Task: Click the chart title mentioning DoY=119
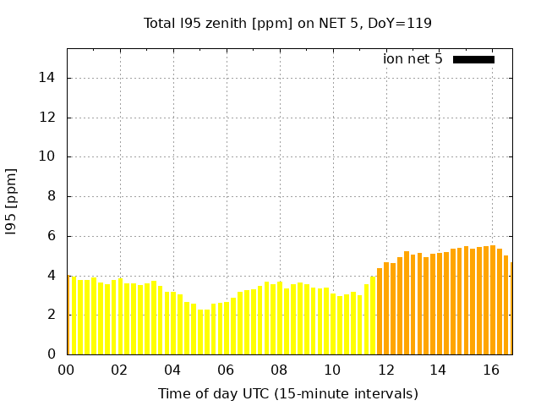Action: coord(287,24)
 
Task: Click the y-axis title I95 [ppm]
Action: coord(12,201)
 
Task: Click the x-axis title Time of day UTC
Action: coord(287,394)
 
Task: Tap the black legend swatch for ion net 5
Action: coord(473,59)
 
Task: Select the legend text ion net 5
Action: coord(413,59)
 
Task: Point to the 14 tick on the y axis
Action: coord(49,78)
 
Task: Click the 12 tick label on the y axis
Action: coord(49,118)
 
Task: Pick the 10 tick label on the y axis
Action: coord(49,156)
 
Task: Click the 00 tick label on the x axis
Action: coord(67,370)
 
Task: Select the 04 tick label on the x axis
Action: coord(172,370)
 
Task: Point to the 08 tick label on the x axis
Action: coord(279,370)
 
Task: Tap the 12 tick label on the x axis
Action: coord(385,370)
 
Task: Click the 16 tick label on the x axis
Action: coord(491,370)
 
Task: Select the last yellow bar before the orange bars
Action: coord(373,315)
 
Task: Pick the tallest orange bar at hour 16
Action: coord(493,300)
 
